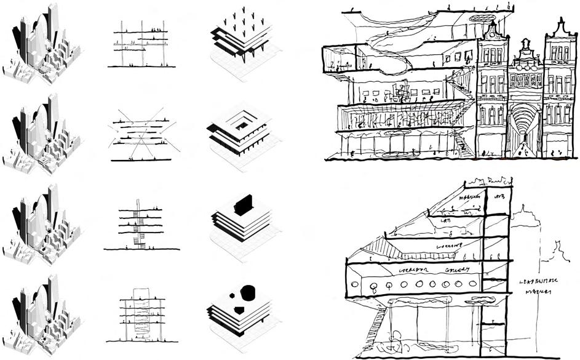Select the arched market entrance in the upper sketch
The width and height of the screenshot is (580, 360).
coord(523,129)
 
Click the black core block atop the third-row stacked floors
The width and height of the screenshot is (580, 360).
coord(243,203)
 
